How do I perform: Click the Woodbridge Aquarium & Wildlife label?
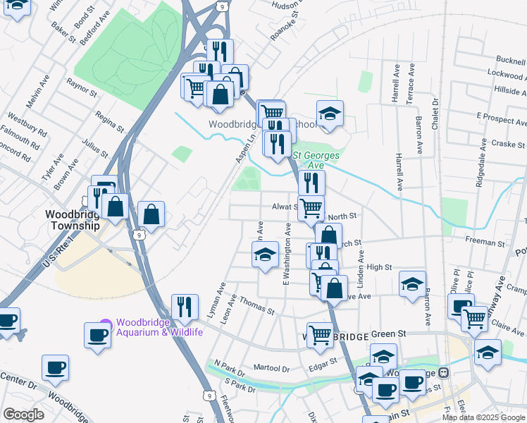159,328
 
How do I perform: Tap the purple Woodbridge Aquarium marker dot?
106,324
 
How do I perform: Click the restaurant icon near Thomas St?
183,307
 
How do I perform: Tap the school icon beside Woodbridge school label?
328,114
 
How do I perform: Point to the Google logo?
23,415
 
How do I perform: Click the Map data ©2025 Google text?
483,417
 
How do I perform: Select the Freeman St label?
485,241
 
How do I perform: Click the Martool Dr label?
272,368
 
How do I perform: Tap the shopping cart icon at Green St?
319,335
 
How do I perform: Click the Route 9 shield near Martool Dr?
209,396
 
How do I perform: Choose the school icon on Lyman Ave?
265,255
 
